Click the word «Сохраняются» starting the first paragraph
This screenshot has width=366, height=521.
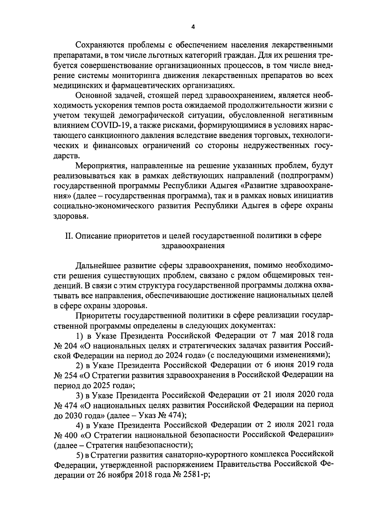tap(99, 46)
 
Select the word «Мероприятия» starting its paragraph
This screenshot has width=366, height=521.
tap(99, 166)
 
